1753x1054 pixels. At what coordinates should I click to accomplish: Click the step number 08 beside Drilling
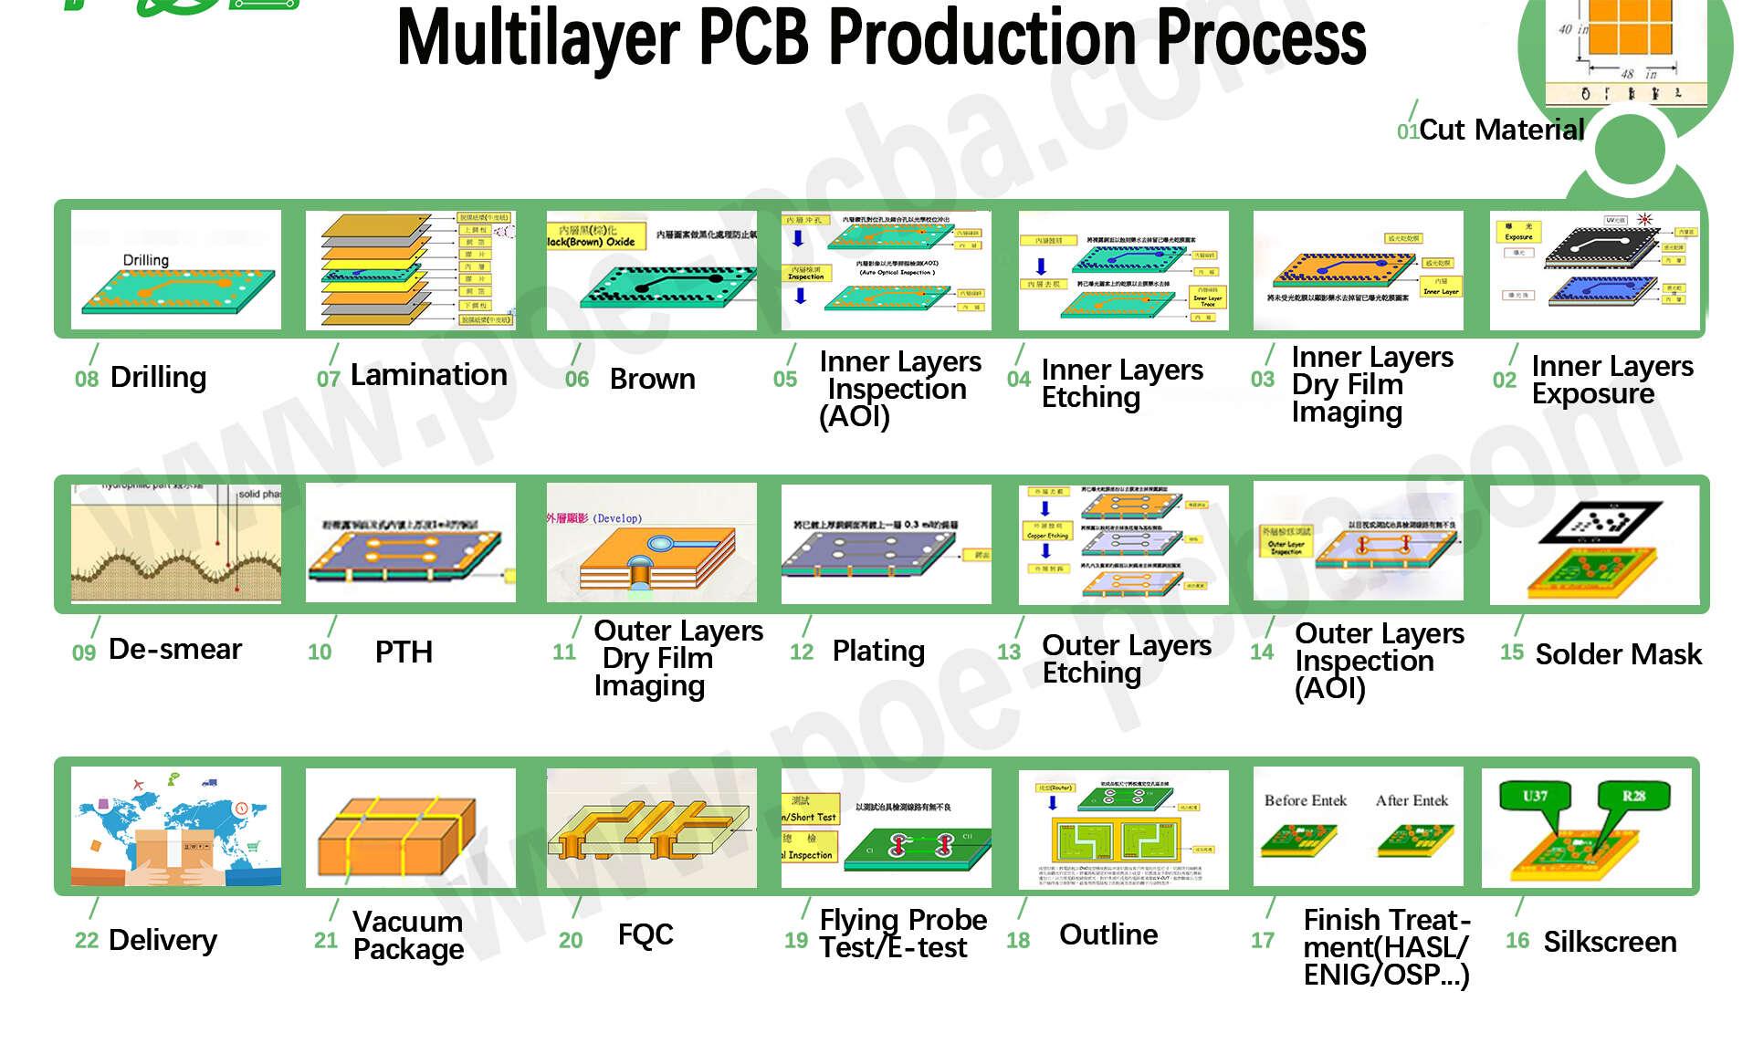(x=86, y=379)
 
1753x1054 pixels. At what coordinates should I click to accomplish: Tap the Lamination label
(x=428, y=375)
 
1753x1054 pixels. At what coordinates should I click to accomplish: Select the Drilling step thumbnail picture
(x=176, y=270)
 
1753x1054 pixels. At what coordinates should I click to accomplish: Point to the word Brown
(x=652, y=379)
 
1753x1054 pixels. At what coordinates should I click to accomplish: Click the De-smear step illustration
(x=176, y=543)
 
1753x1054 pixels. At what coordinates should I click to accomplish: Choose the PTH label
(x=404, y=652)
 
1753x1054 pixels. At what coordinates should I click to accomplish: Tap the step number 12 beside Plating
(x=802, y=652)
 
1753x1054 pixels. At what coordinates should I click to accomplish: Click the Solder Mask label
(x=1618, y=654)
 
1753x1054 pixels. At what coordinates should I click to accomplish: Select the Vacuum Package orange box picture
(x=411, y=829)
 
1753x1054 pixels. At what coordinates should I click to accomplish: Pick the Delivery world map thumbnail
(x=176, y=827)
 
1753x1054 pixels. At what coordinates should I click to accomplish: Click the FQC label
(x=645, y=934)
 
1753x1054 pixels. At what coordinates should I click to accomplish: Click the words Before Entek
(x=1305, y=800)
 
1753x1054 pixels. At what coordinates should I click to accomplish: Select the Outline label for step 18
(x=1108, y=934)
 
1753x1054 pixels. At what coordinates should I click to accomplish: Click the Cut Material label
(x=1502, y=130)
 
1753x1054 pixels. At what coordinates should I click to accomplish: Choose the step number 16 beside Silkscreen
(x=1517, y=940)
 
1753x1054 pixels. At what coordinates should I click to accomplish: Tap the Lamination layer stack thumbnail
(x=411, y=270)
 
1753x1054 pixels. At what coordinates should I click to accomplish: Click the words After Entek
(x=1412, y=800)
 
